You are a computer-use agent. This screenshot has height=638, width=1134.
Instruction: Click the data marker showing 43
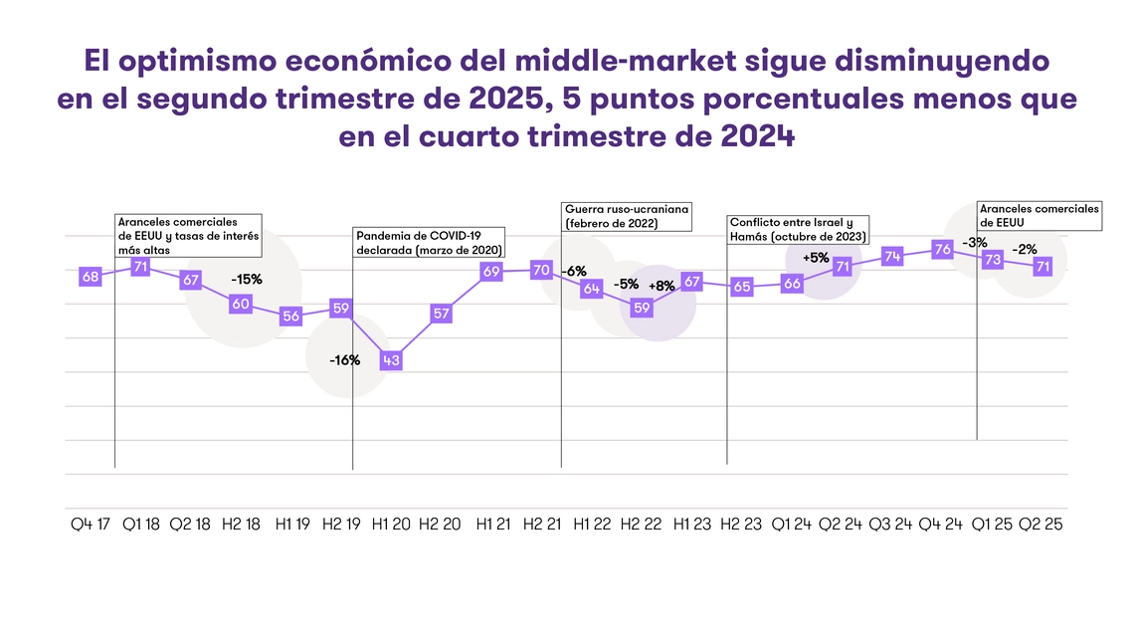pyautogui.click(x=391, y=360)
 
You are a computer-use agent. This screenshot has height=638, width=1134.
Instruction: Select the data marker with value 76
pyautogui.click(x=941, y=249)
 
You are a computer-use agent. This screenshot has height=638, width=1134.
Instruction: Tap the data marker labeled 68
pyautogui.click(x=90, y=277)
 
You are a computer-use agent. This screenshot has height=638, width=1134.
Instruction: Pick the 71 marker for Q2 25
pyautogui.click(x=1043, y=266)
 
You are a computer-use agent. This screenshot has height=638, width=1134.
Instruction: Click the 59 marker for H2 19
pyautogui.click(x=341, y=308)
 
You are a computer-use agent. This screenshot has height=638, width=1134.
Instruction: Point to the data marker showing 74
pyautogui.click(x=892, y=256)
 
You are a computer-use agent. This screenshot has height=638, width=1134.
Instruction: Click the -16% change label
pyautogui.click(x=344, y=359)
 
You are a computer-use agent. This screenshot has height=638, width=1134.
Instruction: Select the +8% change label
pyautogui.click(x=661, y=286)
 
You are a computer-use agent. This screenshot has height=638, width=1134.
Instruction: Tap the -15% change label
pyautogui.click(x=246, y=280)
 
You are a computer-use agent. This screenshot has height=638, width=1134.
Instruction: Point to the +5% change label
pyautogui.click(x=816, y=257)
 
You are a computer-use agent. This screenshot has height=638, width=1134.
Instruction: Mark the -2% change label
pyautogui.click(x=1026, y=249)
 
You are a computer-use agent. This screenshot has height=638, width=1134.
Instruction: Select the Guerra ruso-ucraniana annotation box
pyautogui.click(x=627, y=217)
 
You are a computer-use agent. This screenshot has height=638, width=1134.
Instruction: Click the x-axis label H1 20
pyautogui.click(x=391, y=525)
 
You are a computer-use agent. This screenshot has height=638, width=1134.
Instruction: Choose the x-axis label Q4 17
pyautogui.click(x=90, y=525)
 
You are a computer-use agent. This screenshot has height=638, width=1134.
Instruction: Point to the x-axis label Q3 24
pyautogui.click(x=892, y=525)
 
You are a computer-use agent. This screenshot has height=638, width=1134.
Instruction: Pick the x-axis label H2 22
pyautogui.click(x=642, y=525)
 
